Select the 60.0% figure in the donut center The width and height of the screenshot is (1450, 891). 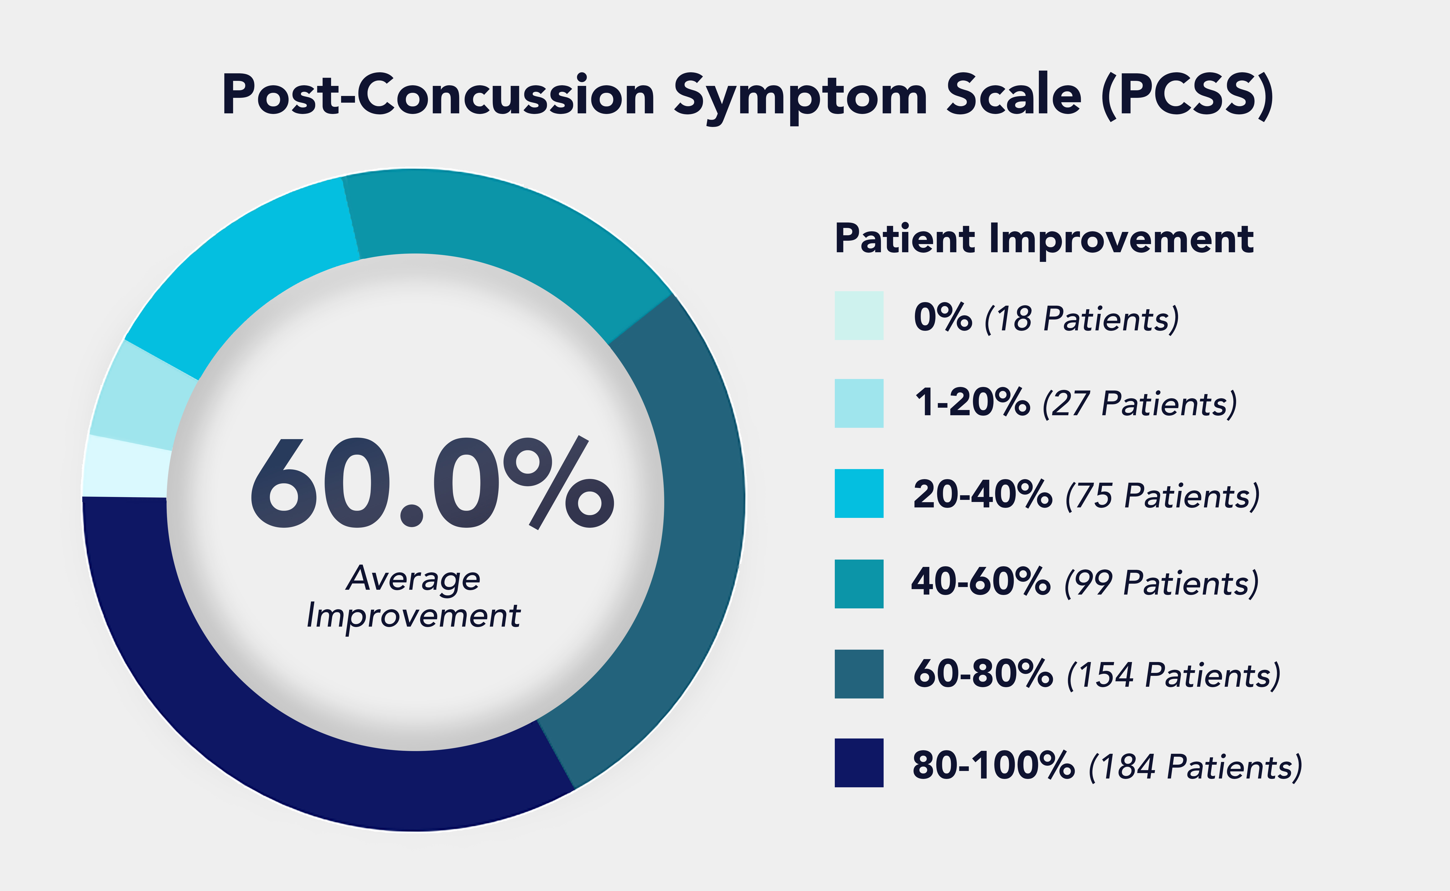tap(432, 483)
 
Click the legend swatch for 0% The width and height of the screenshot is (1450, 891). tap(859, 315)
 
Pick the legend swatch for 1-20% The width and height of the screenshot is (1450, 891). tap(859, 403)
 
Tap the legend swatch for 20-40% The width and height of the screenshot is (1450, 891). tap(859, 493)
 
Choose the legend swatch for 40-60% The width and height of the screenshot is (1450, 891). tap(859, 583)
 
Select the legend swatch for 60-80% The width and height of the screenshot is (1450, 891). tap(859, 674)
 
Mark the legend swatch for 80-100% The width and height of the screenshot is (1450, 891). tap(859, 763)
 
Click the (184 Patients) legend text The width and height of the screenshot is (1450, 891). tap(1195, 767)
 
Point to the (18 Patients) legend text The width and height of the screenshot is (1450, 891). tap(1082, 319)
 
